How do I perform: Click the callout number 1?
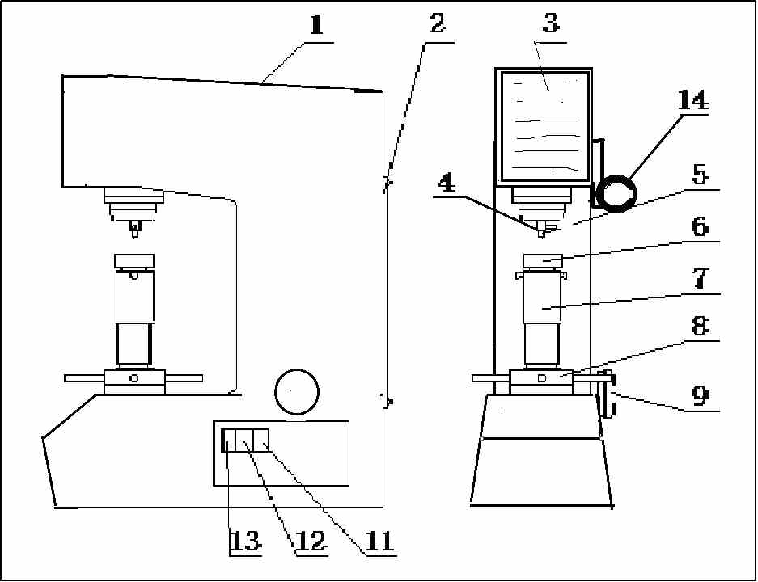coord(316,24)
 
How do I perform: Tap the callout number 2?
coord(437,23)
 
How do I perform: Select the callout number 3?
coord(550,23)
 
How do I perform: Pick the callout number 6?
coord(701,226)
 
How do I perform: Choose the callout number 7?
coord(701,279)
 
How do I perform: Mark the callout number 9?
coord(701,395)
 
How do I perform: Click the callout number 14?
coord(692,101)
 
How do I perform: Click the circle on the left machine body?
coord(295,391)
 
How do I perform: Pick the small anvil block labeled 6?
coord(542,260)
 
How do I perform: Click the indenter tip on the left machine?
coord(134,231)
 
